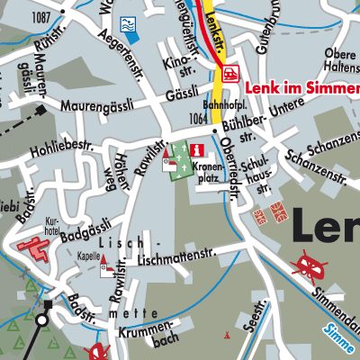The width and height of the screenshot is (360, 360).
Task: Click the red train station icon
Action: coord(231,71)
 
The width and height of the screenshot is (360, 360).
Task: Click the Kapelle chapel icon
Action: coord(105,265)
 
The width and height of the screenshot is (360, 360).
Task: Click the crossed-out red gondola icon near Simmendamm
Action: coord(310,265)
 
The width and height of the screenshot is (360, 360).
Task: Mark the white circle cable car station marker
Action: coord(42,319)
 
